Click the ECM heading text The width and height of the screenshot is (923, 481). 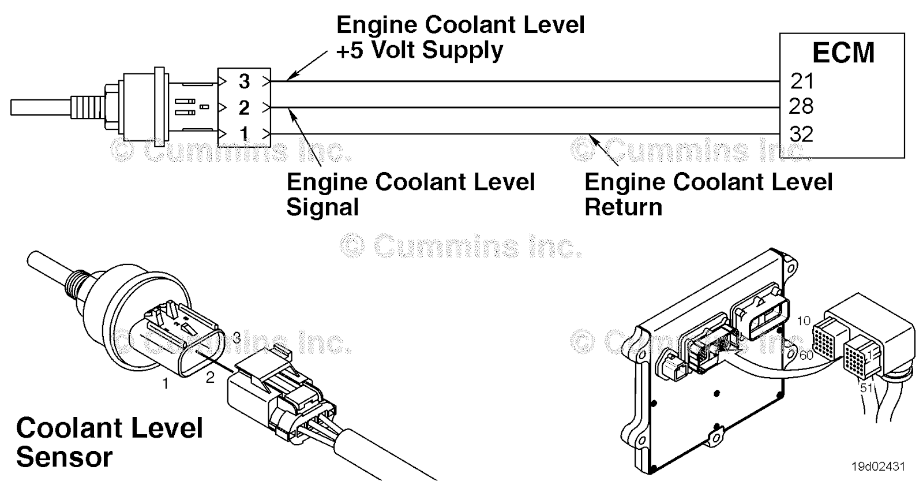(x=843, y=53)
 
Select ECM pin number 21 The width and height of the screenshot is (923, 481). (x=802, y=81)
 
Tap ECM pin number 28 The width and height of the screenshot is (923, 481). (x=801, y=106)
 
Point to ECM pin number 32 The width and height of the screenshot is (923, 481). (x=801, y=134)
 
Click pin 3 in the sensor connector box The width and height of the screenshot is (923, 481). (x=244, y=81)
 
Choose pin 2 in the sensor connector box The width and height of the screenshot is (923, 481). (x=244, y=107)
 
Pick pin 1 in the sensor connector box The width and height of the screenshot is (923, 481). (x=244, y=133)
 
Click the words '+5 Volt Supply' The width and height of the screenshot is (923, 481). (x=419, y=50)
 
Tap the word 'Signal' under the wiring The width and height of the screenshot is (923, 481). (x=322, y=207)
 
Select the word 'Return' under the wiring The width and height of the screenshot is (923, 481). (x=623, y=207)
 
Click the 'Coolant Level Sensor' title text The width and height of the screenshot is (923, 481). (x=110, y=442)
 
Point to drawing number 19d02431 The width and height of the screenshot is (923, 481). (x=877, y=466)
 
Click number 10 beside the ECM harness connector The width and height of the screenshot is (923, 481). (x=804, y=321)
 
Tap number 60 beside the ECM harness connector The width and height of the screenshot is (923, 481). (x=806, y=355)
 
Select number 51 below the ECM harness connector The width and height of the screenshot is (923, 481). (x=866, y=388)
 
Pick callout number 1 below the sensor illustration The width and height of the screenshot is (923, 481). (x=166, y=383)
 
